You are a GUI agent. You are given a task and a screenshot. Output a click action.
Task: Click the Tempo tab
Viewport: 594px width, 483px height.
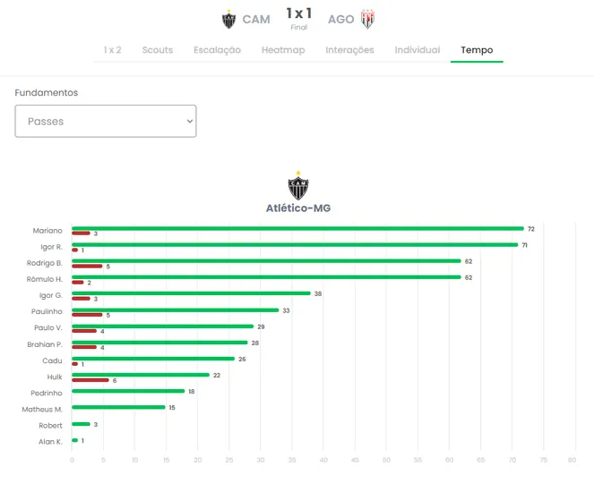click(x=477, y=50)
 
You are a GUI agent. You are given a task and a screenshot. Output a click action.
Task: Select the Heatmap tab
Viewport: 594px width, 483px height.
click(x=283, y=50)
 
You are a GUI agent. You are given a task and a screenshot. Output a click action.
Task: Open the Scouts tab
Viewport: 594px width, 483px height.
click(x=157, y=50)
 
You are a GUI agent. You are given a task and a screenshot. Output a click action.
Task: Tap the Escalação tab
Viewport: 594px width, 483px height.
click(x=217, y=50)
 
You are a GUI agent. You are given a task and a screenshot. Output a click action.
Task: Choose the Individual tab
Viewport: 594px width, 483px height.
click(x=418, y=50)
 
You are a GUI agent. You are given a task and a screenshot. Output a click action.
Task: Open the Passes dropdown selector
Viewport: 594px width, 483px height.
click(x=106, y=121)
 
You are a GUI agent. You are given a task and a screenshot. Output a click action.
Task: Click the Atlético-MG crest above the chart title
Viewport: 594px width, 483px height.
click(x=298, y=186)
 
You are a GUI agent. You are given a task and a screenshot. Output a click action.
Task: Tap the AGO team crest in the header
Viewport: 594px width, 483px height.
click(x=367, y=19)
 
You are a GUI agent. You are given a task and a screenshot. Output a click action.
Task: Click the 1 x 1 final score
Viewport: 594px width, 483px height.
click(x=299, y=13)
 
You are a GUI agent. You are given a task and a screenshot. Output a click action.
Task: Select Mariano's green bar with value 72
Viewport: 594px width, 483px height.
click(x=297, y=228)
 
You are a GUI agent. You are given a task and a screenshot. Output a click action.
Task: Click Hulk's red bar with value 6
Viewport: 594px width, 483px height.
click(x=90, y=380)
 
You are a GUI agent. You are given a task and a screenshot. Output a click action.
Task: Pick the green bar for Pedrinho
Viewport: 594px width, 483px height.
click(x=128, y=391)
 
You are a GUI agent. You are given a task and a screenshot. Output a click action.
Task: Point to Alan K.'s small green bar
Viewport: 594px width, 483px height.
click(x=74, y=440)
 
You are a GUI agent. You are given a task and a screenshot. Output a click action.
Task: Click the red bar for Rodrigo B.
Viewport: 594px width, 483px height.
click(x=87, y=266)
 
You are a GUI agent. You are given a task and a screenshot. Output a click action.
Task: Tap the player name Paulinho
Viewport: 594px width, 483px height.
click(x=47, y=311)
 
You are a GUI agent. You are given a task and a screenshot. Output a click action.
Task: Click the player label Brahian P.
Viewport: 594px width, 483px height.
click(x=45, y=344)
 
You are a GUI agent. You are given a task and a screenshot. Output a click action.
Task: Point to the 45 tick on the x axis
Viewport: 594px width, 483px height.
click(x=355, y=460)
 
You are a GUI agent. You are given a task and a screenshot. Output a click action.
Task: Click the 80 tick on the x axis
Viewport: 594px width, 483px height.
click(x=572, y=460)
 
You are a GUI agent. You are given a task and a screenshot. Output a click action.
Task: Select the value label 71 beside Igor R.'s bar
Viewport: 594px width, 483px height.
click(x=524, y=245)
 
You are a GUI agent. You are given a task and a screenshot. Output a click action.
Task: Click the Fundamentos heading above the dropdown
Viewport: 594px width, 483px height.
click(x=47, y=93)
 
